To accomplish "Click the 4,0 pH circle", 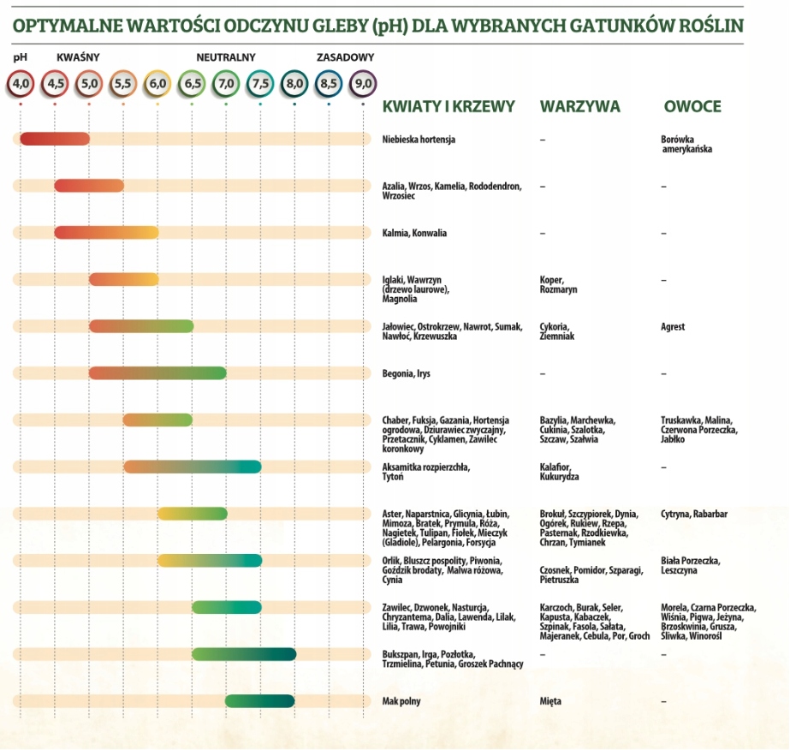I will click(x=21, y=84).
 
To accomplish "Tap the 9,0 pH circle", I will click(x=363, y=84).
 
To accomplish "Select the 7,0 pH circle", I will click(x=226, y=84).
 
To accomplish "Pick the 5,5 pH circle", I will click(x=123, y=84).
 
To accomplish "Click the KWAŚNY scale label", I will click(x=78, y=58).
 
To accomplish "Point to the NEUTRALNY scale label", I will click(x=226, y=58).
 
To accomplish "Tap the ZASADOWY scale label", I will click(x=345, y=58).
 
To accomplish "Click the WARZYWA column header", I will click(x=579, y=107).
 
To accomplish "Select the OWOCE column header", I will click(x=692, y=107).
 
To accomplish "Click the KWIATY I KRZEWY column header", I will click(x=448, y=107).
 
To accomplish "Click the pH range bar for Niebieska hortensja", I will click(x=55, y=139).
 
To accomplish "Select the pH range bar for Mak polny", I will click(x=260, y=701).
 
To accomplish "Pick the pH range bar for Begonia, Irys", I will click(x=157, y=372).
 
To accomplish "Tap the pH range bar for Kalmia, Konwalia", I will click(x=106, y=232).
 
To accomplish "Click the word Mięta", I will click(x=550, y=701).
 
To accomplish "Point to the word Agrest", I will click(x=673, y=327).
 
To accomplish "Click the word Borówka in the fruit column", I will click(x=678, y=139).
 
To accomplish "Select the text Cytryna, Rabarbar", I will click(x=694, y=514).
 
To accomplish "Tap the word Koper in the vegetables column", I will click(x=551, y=280).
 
